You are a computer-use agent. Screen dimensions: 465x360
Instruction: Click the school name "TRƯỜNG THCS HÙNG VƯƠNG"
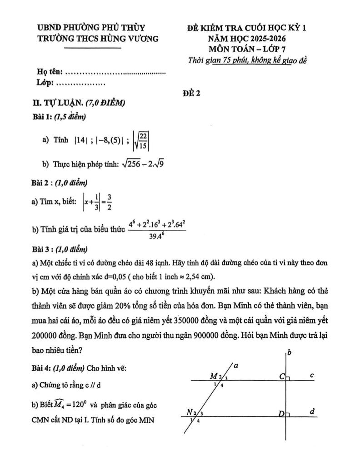click(x=98, y=39)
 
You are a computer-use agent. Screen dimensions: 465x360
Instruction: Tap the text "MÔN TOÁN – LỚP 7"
click(x=248, y=49)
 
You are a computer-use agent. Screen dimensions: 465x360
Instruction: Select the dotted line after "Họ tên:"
click(x=116, y=72)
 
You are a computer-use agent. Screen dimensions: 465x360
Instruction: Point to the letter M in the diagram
click(x=213, y=376)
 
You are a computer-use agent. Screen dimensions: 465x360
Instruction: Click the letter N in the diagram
click(x=190, y=412)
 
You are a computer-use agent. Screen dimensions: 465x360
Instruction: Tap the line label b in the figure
click(x=290, y=352)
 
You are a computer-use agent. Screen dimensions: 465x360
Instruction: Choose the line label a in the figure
click(x=236, y=365)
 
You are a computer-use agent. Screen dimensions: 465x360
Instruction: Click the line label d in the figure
click(x=312, y=411)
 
